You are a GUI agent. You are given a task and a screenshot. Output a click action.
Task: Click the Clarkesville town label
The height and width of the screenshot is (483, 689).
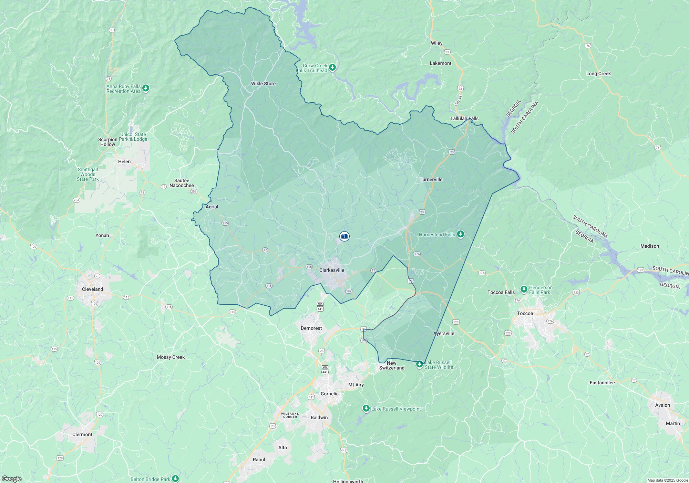[331, 270]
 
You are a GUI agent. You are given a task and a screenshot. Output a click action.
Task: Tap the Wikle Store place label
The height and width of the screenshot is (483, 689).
[263, 83]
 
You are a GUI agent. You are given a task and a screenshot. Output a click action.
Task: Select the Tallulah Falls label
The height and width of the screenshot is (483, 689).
[464, 118]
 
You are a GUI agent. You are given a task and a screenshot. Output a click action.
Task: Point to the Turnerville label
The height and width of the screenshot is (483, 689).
[431, 179]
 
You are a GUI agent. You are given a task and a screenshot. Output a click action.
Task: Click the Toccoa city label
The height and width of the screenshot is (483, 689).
[525, 313]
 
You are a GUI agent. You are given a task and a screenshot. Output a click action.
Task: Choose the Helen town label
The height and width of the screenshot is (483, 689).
[124, 161]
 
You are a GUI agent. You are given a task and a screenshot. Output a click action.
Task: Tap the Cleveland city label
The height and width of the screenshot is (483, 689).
[92, 289]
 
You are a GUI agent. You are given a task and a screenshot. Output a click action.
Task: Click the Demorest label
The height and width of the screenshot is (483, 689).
[311, 328]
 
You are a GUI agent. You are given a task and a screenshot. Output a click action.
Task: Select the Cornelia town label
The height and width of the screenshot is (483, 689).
[329, 394]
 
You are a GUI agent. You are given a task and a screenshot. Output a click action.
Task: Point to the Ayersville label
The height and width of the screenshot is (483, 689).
[444, 333]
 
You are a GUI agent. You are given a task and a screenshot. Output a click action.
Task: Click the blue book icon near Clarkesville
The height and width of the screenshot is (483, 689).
[344, 236]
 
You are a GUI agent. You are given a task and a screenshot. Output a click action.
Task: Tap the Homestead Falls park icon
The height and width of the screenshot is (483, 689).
[461, 235]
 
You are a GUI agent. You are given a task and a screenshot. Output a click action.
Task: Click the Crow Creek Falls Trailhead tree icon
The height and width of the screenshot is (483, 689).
[332, 67]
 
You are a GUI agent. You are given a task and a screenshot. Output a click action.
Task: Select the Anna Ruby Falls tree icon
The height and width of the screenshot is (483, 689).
[146, 88]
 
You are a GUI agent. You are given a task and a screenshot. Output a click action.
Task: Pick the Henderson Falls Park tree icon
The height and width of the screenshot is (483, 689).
[524, 289]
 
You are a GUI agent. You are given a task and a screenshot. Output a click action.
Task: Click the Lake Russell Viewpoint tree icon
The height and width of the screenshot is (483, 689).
[366, 409]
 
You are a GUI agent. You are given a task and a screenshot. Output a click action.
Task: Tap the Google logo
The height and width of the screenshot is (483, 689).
[11, 479]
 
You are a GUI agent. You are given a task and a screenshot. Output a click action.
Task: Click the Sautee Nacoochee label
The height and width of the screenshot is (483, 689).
[182, 183]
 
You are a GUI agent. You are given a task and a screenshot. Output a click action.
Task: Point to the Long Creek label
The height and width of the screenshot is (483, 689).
[598, 73]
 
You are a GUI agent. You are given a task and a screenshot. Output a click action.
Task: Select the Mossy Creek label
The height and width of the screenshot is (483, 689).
[171, 357]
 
